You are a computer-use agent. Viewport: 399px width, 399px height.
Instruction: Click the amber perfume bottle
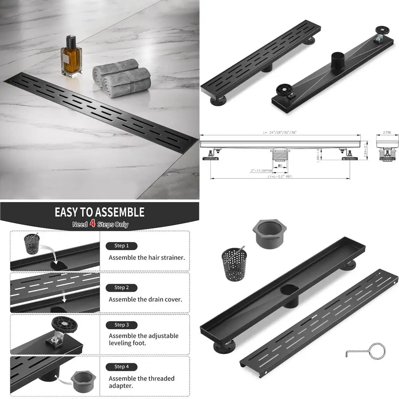(x=71, y=57)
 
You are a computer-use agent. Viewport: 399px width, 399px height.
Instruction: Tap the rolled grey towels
(x=122, y=78)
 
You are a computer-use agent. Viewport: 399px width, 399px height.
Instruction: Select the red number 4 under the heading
(x=92, y=223)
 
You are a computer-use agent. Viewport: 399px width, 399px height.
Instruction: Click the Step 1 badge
(x=121, y=246)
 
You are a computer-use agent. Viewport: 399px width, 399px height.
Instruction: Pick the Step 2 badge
(x=121, y=287)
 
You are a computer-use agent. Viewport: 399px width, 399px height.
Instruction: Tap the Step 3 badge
(x=121, y=325)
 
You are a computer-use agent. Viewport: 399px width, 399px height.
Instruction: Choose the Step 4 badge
(x=121, y=366)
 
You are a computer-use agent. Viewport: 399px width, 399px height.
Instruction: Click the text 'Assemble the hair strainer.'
(x=146, y=258)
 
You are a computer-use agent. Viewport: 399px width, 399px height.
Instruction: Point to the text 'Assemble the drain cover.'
(x=145, y=299)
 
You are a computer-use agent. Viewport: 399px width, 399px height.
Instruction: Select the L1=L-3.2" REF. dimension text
(x=279, y=176)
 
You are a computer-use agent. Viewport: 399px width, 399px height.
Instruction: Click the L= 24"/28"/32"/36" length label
(x=280, y=132)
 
